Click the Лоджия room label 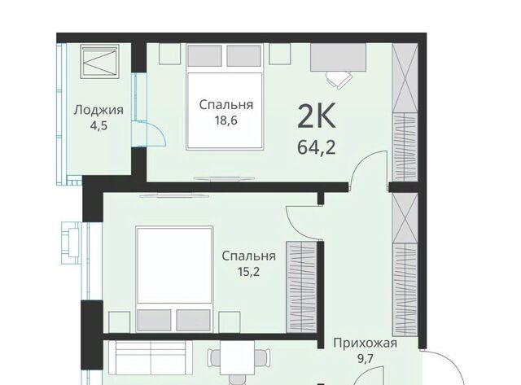tap(99, 110)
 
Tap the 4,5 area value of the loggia tap(99, 126)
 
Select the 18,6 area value tap(226, 120)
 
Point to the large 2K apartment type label tap(317, 116)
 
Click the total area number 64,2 tap(317, 147)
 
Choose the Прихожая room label tap(365, 343)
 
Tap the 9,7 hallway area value tap(365, 359)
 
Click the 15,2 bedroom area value tap(248, 272)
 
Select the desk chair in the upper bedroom tap(339, 80)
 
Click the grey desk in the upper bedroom tap(339, 57)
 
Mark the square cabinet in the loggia tap(99, 62)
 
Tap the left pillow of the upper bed tap(204, 56)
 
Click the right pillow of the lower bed tap(194, 320)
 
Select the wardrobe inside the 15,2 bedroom tap(301, 287)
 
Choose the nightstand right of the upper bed tap(280, 54)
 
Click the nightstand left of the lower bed tap(120, 322)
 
